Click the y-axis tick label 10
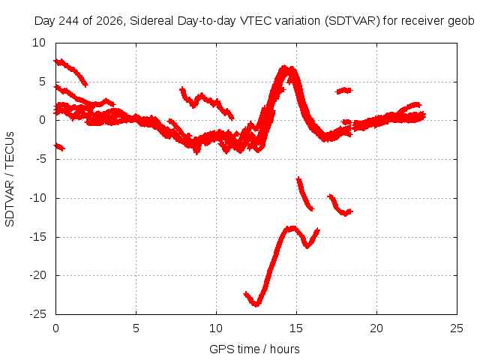(39, 43)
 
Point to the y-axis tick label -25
(38, 314)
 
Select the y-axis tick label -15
(38, 237)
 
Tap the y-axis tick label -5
(40, 159)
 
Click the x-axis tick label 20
(376, 328)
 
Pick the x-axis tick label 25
(457, 328)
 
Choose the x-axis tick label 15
(296, 328)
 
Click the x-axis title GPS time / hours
(254, 349)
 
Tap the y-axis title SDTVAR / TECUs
(10, 179)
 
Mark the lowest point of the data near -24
(256, 305)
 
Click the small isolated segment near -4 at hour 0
(59, 147)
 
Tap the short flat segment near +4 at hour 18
(343, 91)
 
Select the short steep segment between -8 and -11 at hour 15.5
(304, 194)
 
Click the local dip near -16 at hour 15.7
(307, 246)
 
